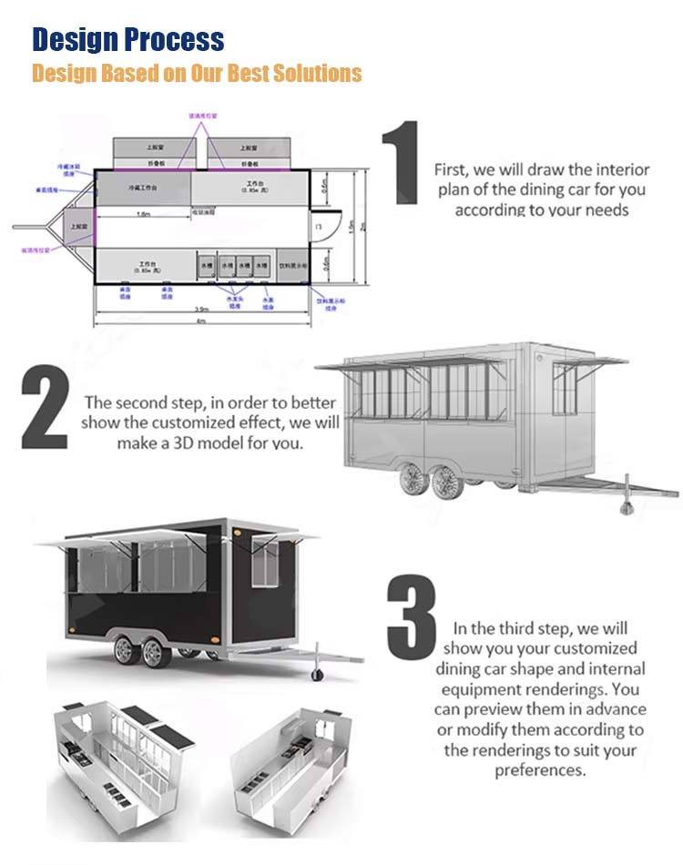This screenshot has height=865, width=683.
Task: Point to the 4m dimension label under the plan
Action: [203, 321]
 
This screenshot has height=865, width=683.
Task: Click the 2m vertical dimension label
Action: [362, 227]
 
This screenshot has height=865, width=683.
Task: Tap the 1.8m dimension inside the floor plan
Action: [143, 214]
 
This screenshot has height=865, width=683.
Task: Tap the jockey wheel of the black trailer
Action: [316, 674]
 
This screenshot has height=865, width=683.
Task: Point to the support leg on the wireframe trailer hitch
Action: [625, 499]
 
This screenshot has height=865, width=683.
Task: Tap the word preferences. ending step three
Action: [541, 770]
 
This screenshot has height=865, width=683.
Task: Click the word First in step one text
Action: [452, 170]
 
